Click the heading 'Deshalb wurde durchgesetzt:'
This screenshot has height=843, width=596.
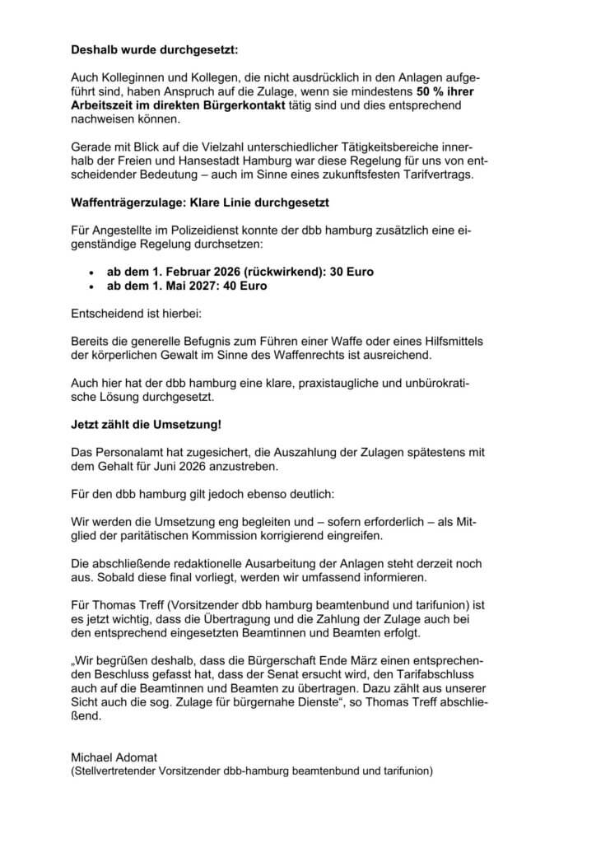point(154,50)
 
